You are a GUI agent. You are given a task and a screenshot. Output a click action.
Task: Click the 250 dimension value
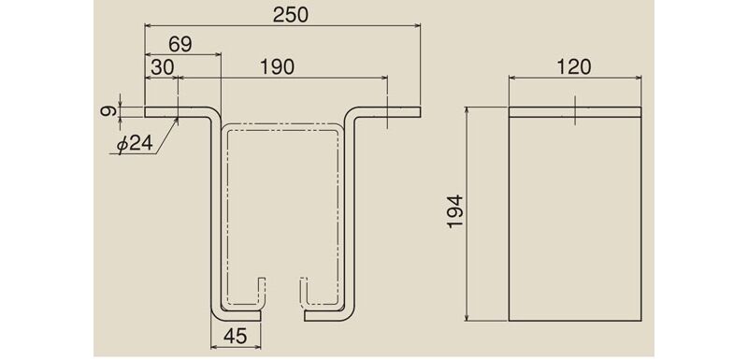(x=290, y=15)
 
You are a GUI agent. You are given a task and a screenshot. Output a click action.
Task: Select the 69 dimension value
(x=180, y=44)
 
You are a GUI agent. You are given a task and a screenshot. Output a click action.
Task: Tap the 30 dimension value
(x=162, y=67)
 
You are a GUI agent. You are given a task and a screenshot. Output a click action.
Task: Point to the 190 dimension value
(x=277, y=67)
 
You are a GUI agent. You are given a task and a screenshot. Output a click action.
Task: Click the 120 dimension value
(x=573, y=67)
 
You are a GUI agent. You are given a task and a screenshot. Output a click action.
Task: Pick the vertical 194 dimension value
(x=456, y=211)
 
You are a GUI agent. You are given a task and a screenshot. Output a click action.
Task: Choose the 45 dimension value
(x=236, y=337)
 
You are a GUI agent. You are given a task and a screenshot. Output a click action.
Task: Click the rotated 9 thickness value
(x=108, y=111)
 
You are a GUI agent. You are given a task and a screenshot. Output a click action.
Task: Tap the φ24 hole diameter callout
(x=135, y=143)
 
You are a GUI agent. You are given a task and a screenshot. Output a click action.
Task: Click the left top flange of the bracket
(x=177, y=111)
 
